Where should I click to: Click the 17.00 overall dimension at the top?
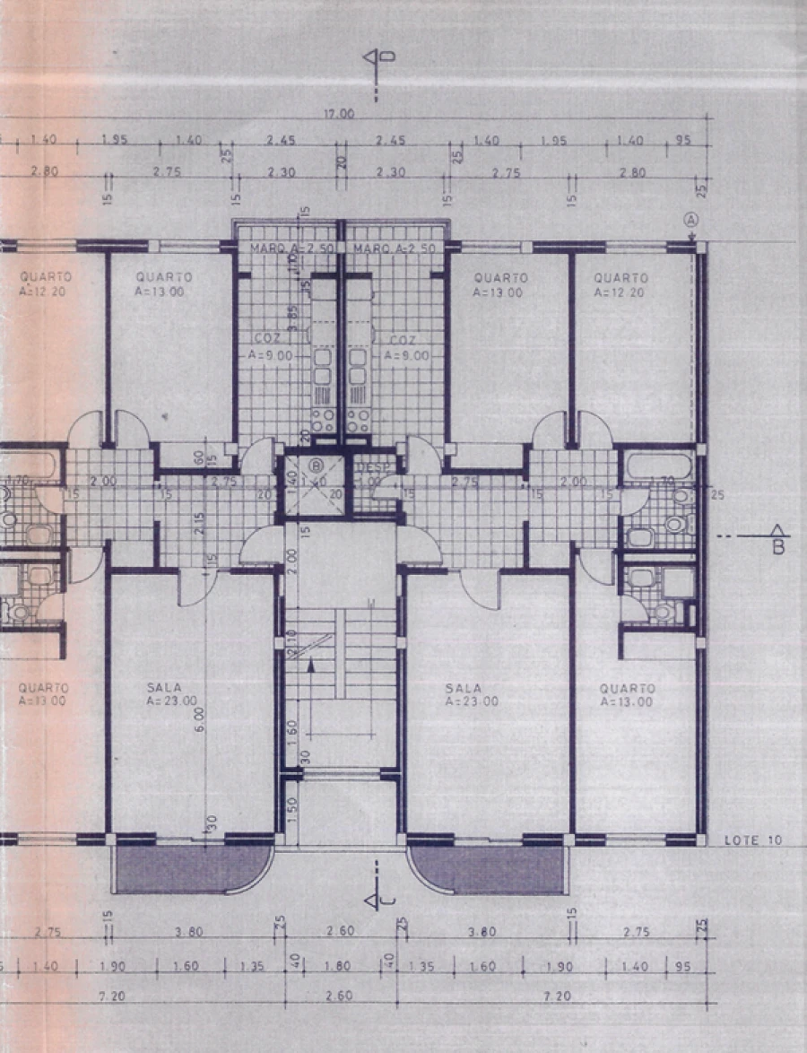[x=340, y=114]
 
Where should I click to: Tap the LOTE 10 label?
[x=752, y=840]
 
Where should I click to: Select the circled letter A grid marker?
[x=691, y=219]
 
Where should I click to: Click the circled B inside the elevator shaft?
[x=316, y=465]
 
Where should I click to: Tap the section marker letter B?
[x=777, y=546]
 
